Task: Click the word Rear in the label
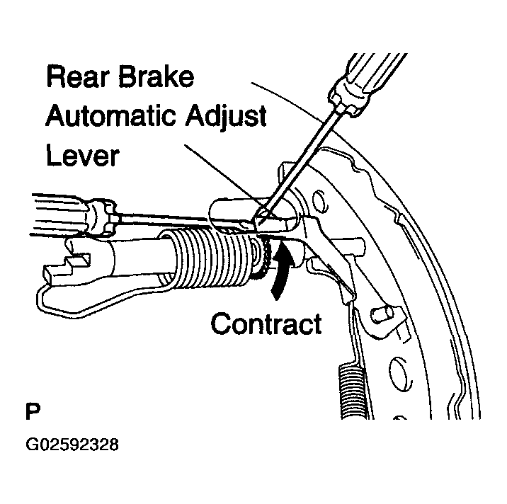coord(79,76)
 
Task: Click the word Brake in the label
coord(156,76)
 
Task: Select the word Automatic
coord(110,115)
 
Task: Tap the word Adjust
coord(226,117)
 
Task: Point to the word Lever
coord(83,155)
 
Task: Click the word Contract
coord(266,323)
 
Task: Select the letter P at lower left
coord(33,411)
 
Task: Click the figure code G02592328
coord(72,445)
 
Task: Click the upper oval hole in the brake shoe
coord(320,202)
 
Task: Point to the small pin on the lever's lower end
coord(382,314)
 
